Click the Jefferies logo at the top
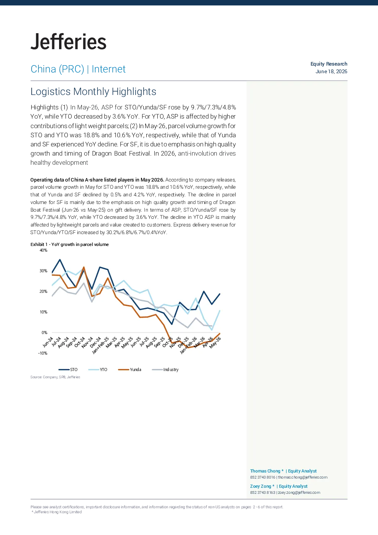coord(69,42)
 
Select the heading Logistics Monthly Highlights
coord(93,92)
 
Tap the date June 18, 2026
coord(331,71)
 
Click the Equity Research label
coord(328,64)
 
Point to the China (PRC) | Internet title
coord(78,69)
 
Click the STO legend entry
coord(68,370)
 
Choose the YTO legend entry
coord(98,370)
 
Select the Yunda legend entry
coord(130,370)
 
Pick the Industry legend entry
coord(165,370)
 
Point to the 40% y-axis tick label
coord(43,250)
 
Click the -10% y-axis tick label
coord(43,353)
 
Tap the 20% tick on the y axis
coord(43,291)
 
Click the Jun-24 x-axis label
coord(48,342)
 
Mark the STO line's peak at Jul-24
coord(60,259)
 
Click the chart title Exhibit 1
coord(69,244)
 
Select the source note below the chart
coord(55,377)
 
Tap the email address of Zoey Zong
coord(299,493)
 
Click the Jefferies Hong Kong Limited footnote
coord(56,512)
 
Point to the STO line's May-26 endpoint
coord(219,294)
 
